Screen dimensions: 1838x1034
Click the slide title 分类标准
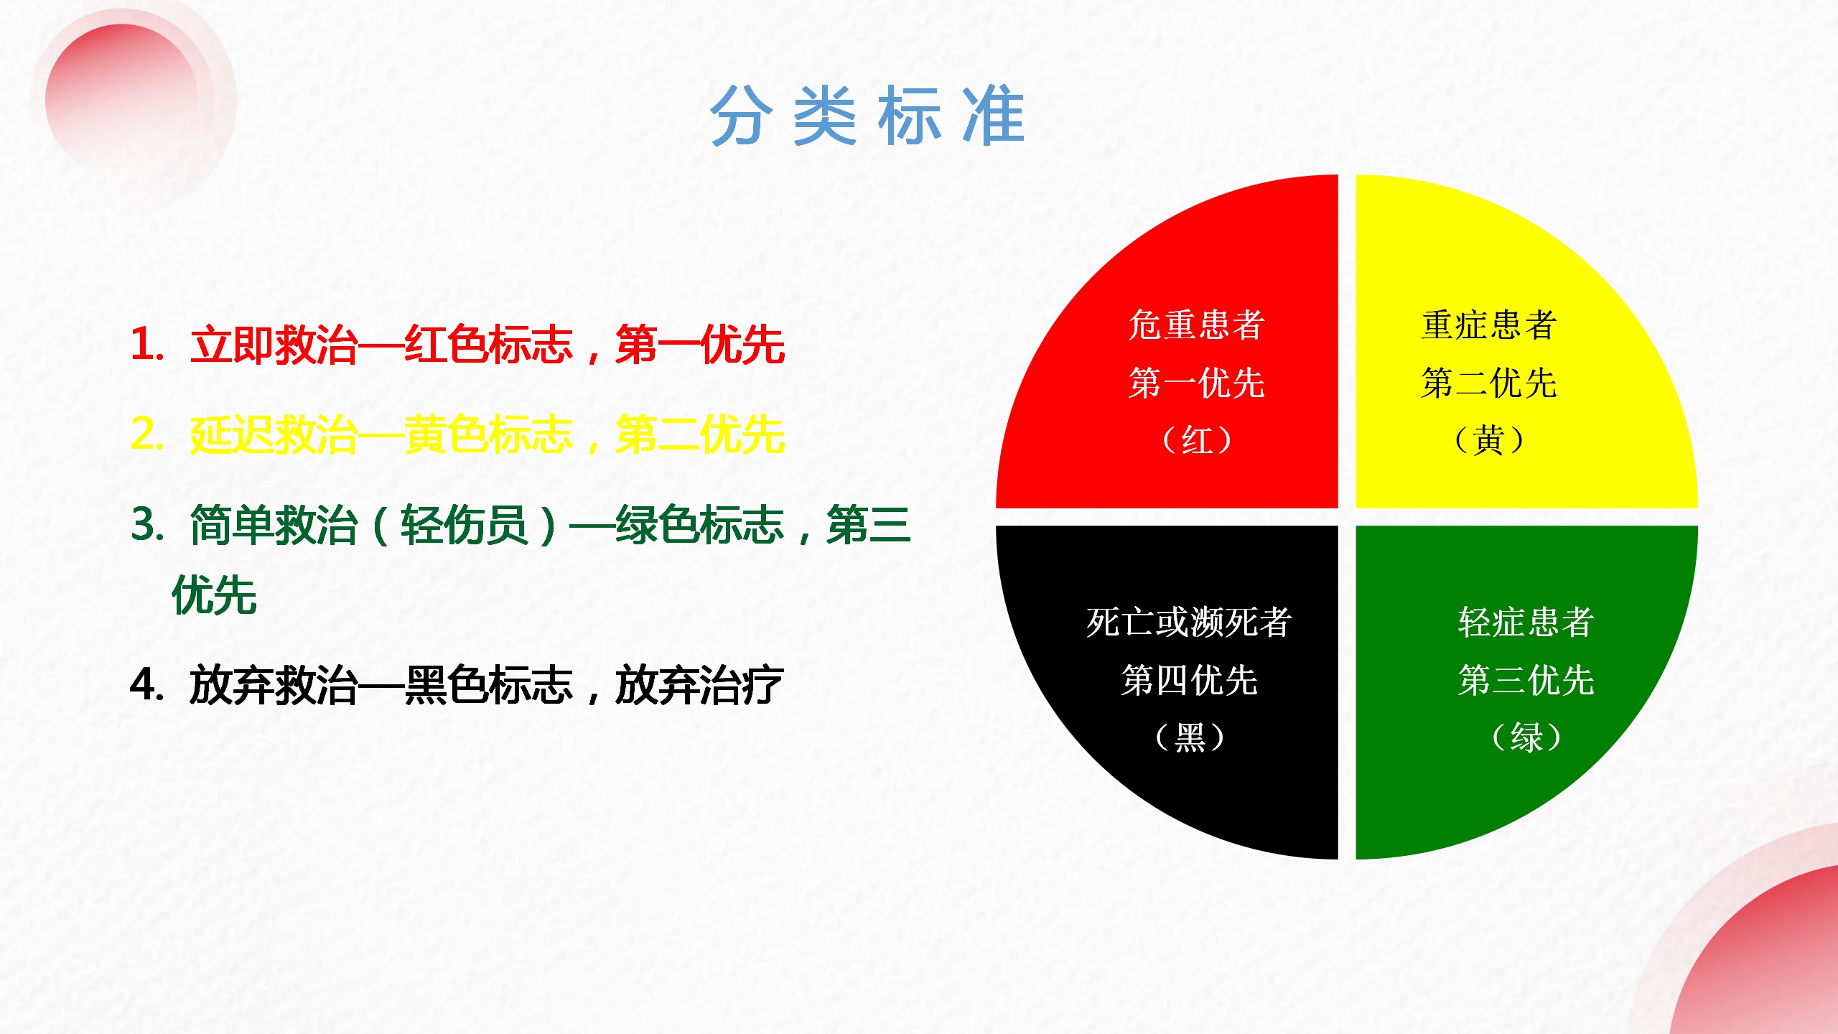pos(867,115)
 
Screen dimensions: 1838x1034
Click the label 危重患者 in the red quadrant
pos(1196,325)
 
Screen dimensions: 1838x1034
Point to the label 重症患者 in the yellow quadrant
pos(1489,325)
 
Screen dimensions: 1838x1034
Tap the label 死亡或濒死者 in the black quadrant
pos(1189,622)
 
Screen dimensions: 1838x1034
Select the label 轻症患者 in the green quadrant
pos(1526,622)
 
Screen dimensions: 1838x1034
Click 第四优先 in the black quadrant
pos(1190,680)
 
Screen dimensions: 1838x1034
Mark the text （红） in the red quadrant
pos(1196,440)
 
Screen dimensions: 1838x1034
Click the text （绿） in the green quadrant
pos(1526,737)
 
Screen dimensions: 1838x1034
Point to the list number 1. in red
pos(148,344)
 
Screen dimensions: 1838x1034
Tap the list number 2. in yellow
pos(148,434)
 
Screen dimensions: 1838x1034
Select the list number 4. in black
pos(148,684)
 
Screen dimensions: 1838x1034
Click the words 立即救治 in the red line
pos(274,345)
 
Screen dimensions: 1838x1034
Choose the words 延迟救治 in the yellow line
pos(274,435)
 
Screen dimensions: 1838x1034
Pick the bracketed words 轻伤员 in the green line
pos(465,526)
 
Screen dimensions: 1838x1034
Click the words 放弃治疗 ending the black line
pos(699,685)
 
